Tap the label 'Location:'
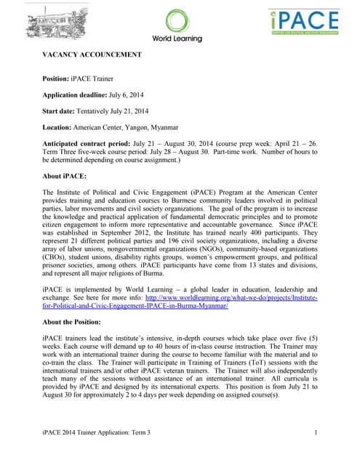60,126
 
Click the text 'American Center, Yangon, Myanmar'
135,126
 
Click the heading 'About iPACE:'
65,176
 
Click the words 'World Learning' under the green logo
178,39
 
